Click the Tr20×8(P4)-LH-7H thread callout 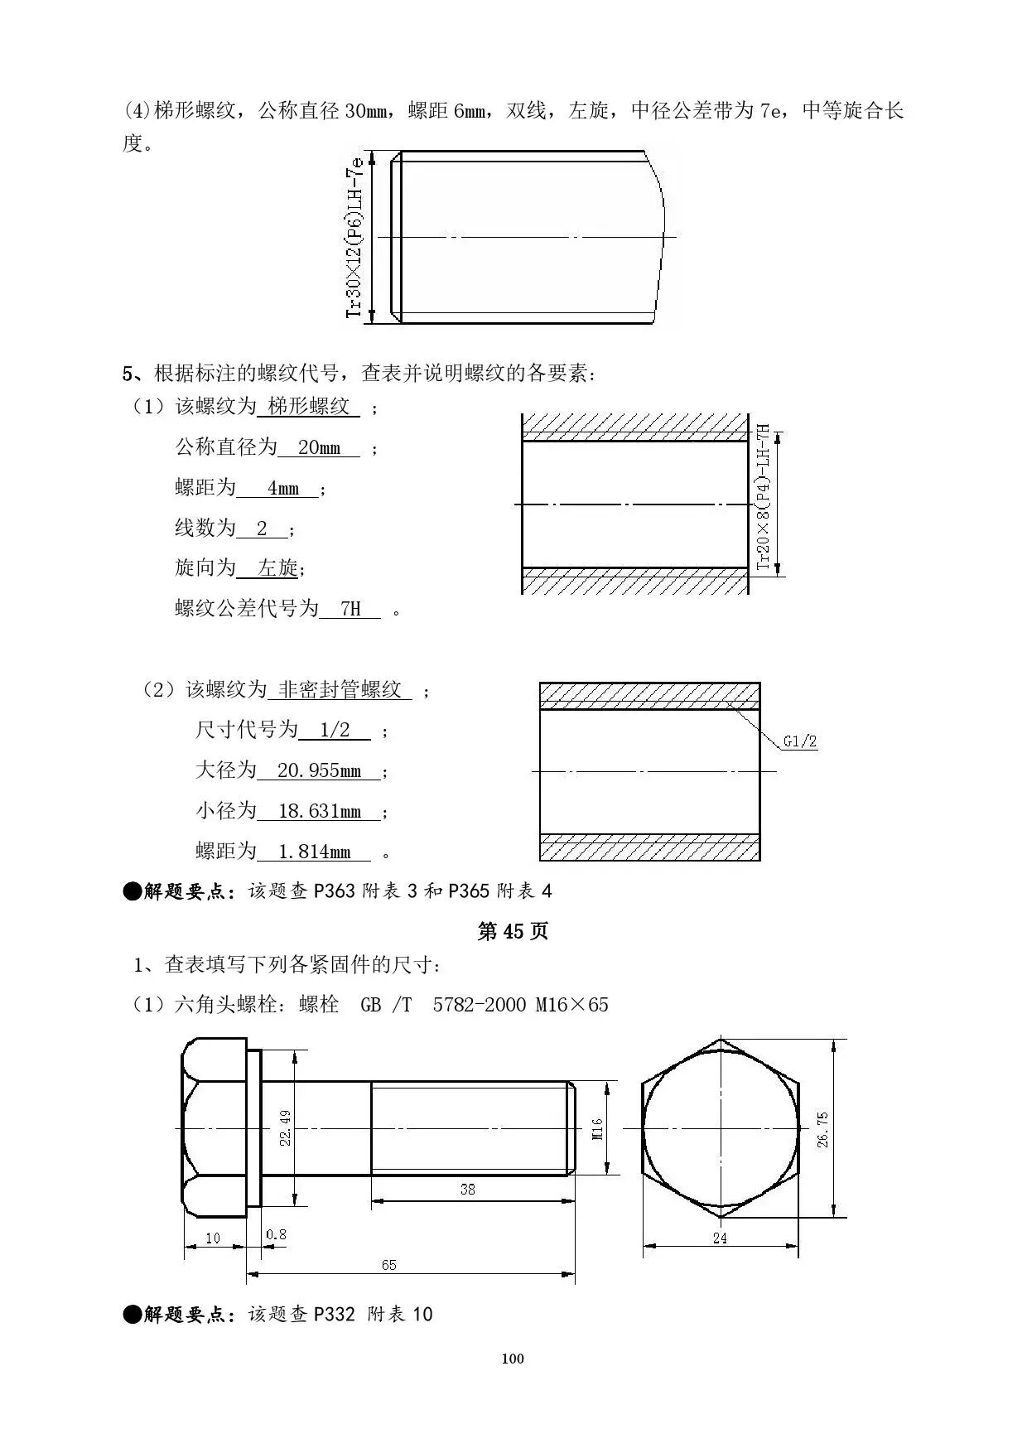(764, 497)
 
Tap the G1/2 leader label (800, 741)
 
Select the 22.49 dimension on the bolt (285, 1127)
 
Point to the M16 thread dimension (598, 1128)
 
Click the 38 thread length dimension (468, 1189)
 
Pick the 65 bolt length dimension (388, 1264)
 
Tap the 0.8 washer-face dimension (277, 1234)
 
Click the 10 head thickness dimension (213, 1238)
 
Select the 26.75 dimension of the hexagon (822, 1129)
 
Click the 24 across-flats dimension (720, 1238)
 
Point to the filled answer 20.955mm (319, 771)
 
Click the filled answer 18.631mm (319, 811)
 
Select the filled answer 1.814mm (315, 852)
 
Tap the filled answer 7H (350, 610)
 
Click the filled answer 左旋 (277, 568)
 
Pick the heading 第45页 (513, 931)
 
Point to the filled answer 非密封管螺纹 (340, 690)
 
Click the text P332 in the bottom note (334, 1314)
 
